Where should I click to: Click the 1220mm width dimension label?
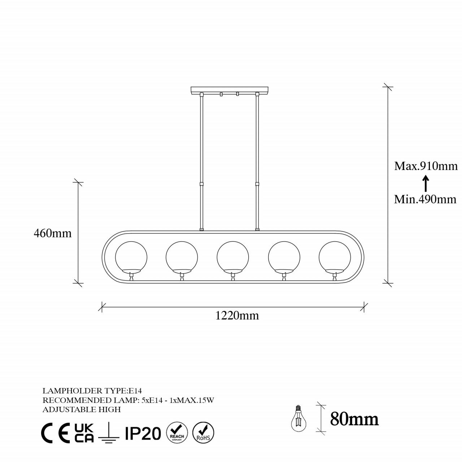[x=237, y=316]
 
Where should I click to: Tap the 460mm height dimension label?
[x=52, y=233]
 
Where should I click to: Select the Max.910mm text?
[x=426, y=166]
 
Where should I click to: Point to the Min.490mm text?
[x=425, y=200]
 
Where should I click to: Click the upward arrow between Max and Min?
[x=426, y=183]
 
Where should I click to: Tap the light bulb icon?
[x=298, y=418]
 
